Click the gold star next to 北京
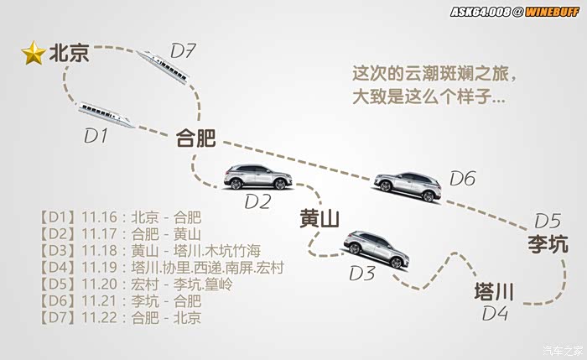tap(34, 55)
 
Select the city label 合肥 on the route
tap(195, 138)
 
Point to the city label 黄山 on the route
tap(319, 220)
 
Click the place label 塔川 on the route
tap(494, 292)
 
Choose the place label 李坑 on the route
tap(548, 244)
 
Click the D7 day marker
tap(183, 51)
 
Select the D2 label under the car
tap(257, 201)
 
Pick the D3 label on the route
tap(362, 273)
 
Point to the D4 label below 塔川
tap(495, 314)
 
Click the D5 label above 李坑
tap(547, 221)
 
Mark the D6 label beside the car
tap(462, 178)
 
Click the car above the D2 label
tap(258, 177)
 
